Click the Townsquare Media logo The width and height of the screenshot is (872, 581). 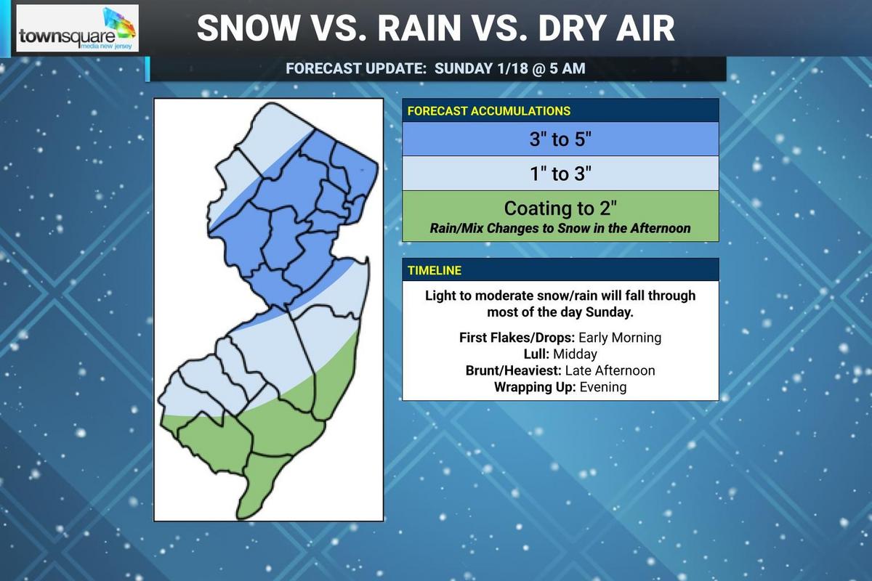pos(77,29)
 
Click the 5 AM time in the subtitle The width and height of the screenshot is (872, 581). pos(565,69)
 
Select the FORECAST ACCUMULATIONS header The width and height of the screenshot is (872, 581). pos(488,111)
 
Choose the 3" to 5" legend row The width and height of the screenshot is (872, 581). pos(560,139)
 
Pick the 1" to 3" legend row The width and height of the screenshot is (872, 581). pos(560,173)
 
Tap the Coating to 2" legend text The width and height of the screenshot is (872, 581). pos(560,208)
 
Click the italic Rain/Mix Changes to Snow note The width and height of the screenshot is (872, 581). pos(560,228)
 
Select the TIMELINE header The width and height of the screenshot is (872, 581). pos(434,270)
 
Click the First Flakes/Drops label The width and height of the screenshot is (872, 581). pos(517,338)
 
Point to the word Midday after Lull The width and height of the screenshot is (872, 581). pos(575,354)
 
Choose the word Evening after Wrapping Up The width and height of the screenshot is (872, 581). pos(602,387)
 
